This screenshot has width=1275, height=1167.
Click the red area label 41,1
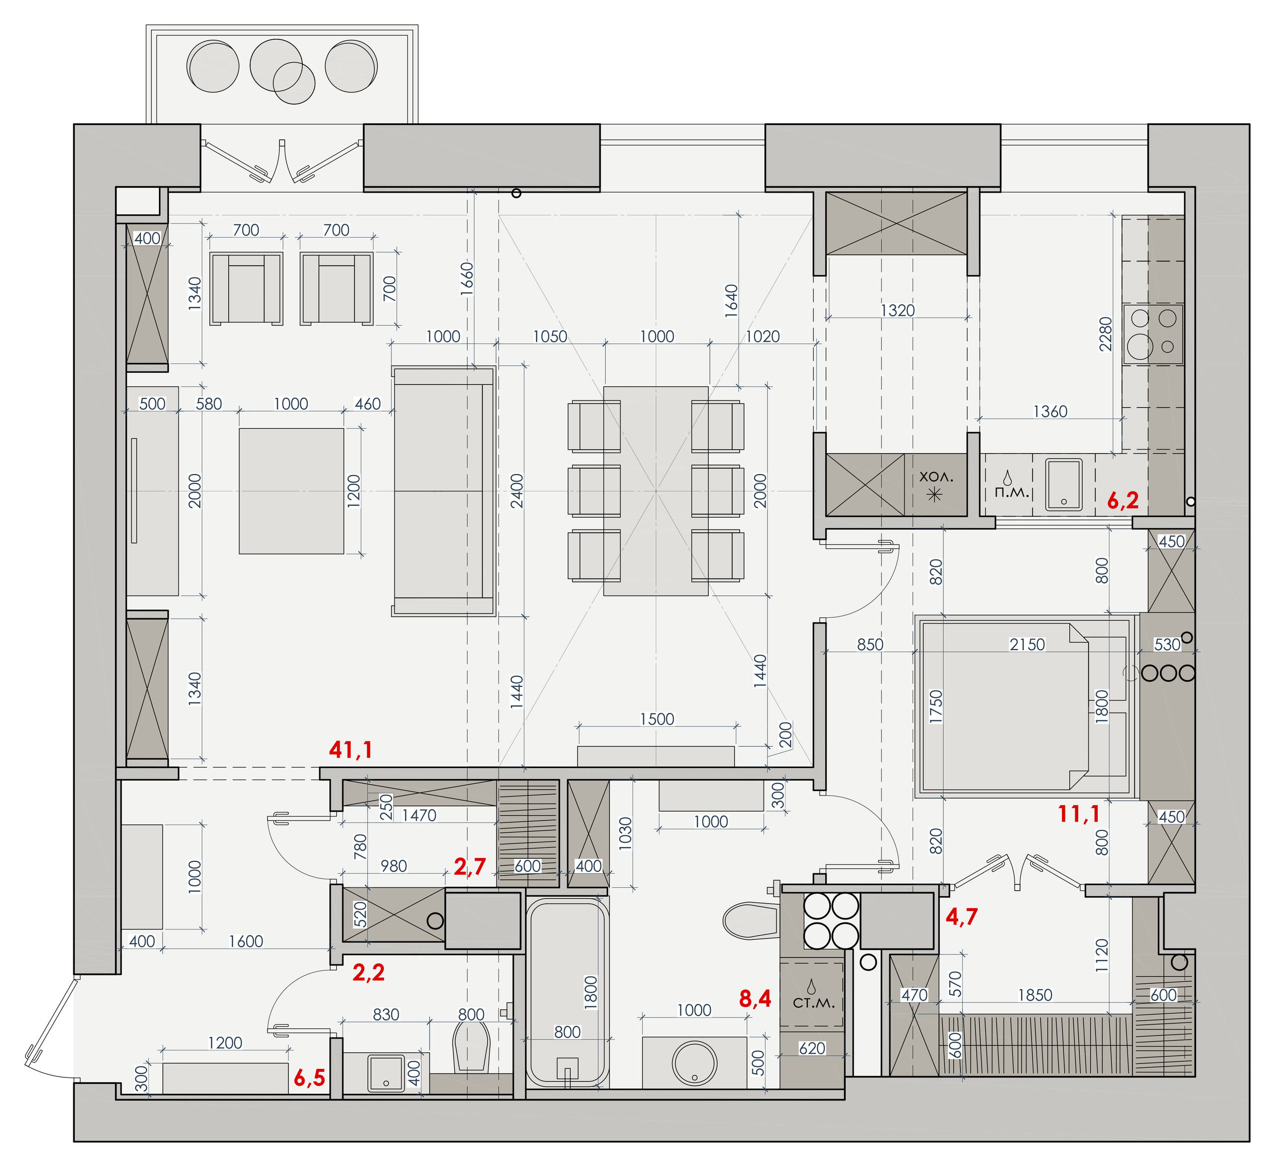click(x=350, y=750)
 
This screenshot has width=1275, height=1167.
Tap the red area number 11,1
click(x=1078, y=814)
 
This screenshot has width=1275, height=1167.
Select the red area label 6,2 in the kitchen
click(x=1123, y=501)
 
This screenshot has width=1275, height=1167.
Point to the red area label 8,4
click(x=755, y=999)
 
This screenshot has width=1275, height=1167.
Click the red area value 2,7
click(x=470, y=867)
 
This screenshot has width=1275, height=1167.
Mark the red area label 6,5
click(x=309, y=1078)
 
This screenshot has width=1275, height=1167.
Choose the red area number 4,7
click(x=961, y=916)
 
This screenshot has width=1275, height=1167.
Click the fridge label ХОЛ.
click(x=936, y=477)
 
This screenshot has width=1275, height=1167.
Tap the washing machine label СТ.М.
click(x=813, y=1003)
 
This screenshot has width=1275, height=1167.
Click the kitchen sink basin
click(x=1064, y=485)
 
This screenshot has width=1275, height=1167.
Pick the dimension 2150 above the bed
click(x=1027, y=644)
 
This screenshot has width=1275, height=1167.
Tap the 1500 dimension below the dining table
click(x=656, y=719)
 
